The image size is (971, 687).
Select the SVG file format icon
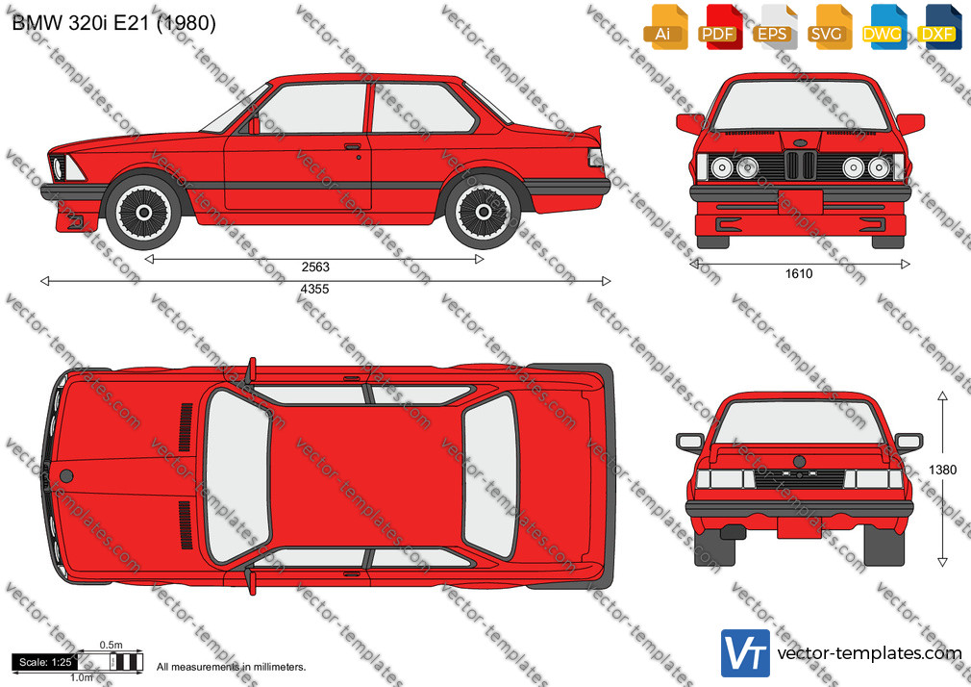[829, 27]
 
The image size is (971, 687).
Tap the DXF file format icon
[938, 27]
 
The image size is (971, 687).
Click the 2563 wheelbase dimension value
[315, 267]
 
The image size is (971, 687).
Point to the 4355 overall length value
[314, 289]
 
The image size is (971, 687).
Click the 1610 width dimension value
[799, 273]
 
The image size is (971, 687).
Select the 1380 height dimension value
[942, 470]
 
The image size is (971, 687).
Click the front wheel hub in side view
[143, 213]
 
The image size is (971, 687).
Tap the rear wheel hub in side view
[483, 213]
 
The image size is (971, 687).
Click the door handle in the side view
[353, 147]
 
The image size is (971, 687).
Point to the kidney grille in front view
[800, 165]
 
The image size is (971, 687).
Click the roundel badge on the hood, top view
[66, 476]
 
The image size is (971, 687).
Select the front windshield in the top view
[237, 476]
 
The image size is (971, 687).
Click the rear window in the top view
[490, 475]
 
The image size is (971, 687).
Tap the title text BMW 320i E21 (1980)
[114, 23]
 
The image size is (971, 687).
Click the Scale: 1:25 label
[45, 662]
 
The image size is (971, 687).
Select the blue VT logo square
[745, 653]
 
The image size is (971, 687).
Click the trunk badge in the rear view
[800, 462]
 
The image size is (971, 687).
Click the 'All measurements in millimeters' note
[231, 667]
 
